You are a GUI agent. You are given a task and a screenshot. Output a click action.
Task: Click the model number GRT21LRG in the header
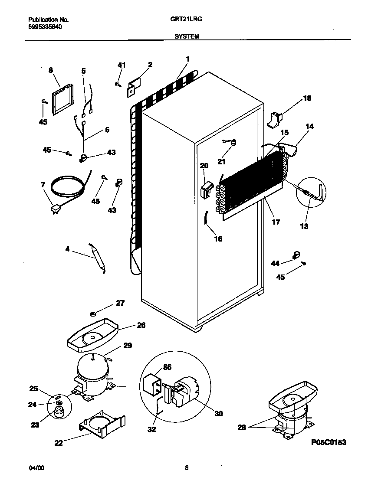[187, 20]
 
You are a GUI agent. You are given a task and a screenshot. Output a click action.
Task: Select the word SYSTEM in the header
[187, 37]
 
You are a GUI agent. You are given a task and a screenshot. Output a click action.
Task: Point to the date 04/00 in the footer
[36, 468]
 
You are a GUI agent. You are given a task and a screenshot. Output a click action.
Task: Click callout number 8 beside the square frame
[50, 70]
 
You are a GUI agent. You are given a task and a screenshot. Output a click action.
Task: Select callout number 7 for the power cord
[43, 185]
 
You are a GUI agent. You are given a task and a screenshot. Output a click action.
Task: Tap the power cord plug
[55, 210]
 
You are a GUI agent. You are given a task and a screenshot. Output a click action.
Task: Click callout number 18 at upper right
[307, 98]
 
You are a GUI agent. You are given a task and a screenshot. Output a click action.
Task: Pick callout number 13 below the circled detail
[304, 226]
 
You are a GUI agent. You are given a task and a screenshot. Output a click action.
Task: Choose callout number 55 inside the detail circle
[167, 367]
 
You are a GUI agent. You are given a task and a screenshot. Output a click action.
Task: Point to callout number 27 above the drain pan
[120, 303]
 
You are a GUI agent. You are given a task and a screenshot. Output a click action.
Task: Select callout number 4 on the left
[67, 249]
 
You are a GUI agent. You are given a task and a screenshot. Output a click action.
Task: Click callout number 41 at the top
[121, 65]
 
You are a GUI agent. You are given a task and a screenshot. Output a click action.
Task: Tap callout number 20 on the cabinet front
[204, 165]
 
